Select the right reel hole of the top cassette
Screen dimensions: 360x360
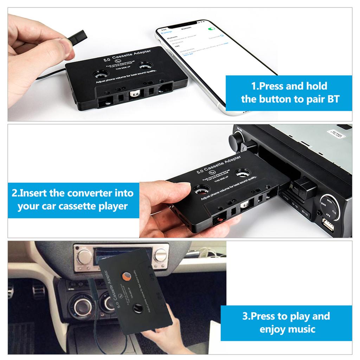click(145, 65)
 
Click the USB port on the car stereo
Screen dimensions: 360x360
click(327, 224)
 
